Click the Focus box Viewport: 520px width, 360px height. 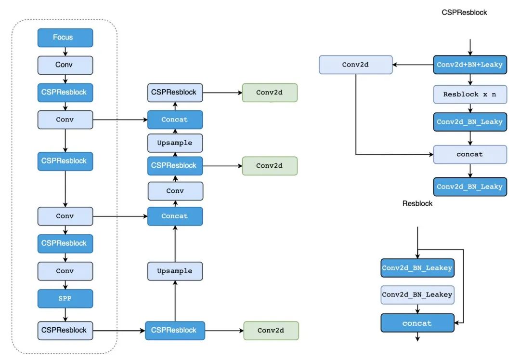(65, 38)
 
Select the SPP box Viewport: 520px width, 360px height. (65, 299)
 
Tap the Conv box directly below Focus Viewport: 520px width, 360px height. (65, 65)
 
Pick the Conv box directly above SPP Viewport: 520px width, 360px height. (65, 271)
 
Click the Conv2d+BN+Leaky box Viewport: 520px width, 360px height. (470, 65)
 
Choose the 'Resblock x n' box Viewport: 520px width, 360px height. (470, 94)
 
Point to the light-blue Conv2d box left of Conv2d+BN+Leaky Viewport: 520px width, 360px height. (355, 65)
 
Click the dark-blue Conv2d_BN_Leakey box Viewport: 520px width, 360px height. (417, 268)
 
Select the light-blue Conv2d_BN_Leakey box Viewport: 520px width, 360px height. (417, 295)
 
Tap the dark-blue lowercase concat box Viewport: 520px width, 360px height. (417, 323)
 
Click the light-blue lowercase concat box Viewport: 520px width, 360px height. (470, 154)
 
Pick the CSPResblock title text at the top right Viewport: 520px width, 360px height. (464, 13)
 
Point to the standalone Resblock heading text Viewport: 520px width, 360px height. (417, 203)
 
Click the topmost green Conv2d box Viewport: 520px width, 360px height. (270, 93)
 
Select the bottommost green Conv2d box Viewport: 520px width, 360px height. (271, 331)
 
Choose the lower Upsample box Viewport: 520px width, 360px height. (175, 271)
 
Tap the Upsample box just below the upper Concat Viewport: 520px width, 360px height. (175, 143)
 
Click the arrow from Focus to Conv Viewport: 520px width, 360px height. (65, 52)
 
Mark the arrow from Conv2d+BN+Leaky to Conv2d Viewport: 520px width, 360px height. (413, 65)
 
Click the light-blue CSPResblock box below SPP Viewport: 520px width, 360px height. (65, 331)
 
